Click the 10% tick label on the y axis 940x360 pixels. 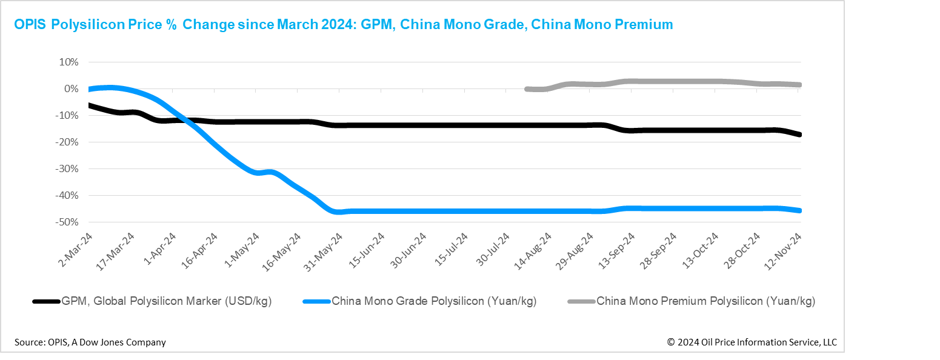68,62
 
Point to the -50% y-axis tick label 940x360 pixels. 67,222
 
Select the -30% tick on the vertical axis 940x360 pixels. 67,169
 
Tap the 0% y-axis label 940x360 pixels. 71,89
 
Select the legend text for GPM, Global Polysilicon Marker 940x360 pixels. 166,301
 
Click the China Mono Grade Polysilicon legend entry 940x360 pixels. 434,301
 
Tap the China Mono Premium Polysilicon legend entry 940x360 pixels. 705,301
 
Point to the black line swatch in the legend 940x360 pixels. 46,301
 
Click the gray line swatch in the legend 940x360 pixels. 581,301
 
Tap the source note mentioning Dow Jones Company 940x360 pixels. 90,342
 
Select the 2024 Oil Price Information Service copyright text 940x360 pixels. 752,342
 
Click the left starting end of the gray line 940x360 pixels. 527,89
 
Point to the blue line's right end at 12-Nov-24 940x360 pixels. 799,210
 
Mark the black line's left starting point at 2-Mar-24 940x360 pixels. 90,105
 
